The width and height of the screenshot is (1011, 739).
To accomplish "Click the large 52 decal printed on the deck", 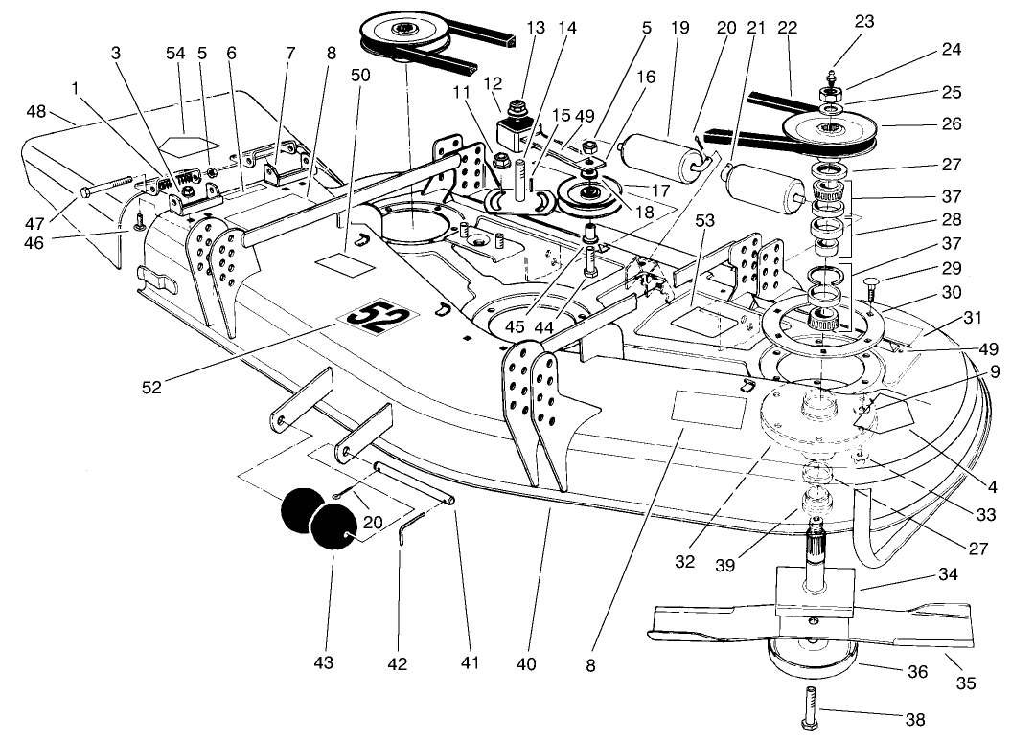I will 371,316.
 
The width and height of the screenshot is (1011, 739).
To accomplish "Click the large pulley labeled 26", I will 830,129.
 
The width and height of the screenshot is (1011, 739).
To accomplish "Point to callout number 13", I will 534,28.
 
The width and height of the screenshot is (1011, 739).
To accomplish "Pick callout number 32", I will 684,562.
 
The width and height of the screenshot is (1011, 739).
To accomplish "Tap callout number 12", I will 494,88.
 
